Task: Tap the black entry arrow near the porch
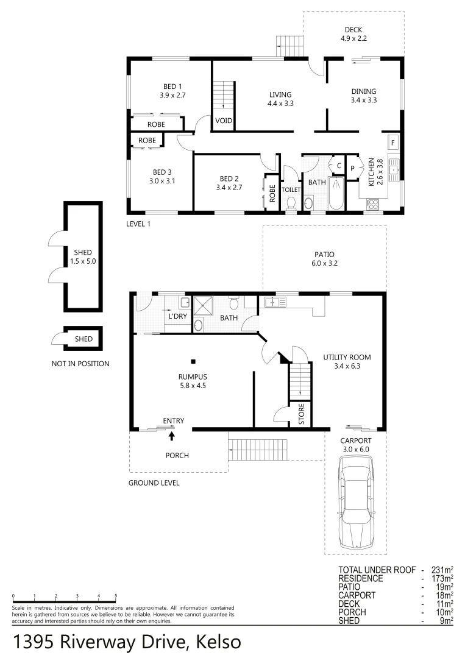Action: pos(171,435)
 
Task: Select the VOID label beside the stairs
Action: pos(223,121)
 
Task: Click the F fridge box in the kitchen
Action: pos(393,143)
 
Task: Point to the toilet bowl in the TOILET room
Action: pos(291,202)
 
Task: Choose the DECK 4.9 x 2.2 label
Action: pos(353,34)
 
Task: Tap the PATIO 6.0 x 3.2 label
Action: pos(324,260)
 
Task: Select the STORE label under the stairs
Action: pos(301,414)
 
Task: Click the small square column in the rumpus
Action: pos(193,360)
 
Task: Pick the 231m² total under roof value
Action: pos(443,570)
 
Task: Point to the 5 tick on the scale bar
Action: pos(116,596)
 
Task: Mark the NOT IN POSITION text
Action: pos(80,364)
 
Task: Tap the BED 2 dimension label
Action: pos(229,188)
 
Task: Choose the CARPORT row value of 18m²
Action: pos(443,595)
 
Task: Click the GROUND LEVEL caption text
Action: pos(154,483)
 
